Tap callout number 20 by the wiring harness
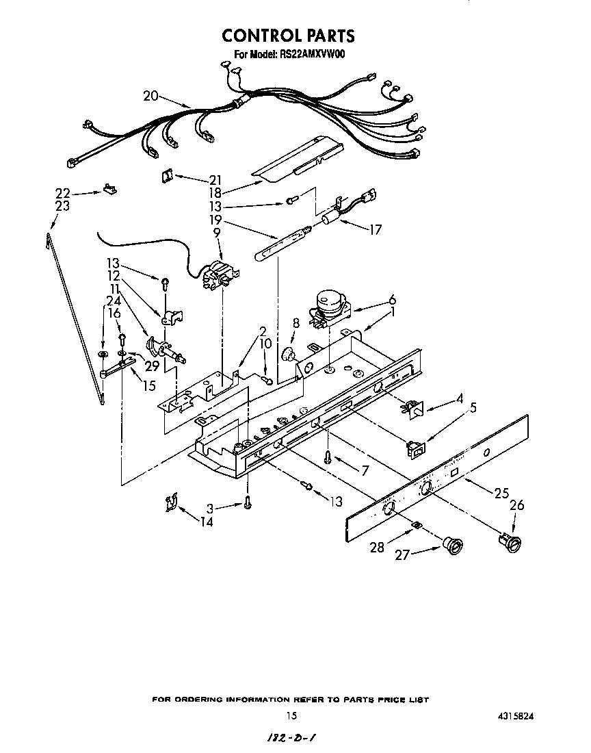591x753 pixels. (151, 96)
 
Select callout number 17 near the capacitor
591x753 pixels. (376, 229)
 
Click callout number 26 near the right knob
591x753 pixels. (517, 506)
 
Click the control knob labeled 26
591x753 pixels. (510, 541)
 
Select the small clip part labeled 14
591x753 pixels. (170, 503)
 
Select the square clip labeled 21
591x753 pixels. (166, 175)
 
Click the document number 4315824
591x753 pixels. (516, 716)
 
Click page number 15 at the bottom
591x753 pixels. (291, 716)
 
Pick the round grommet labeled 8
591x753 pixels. (287, 354)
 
